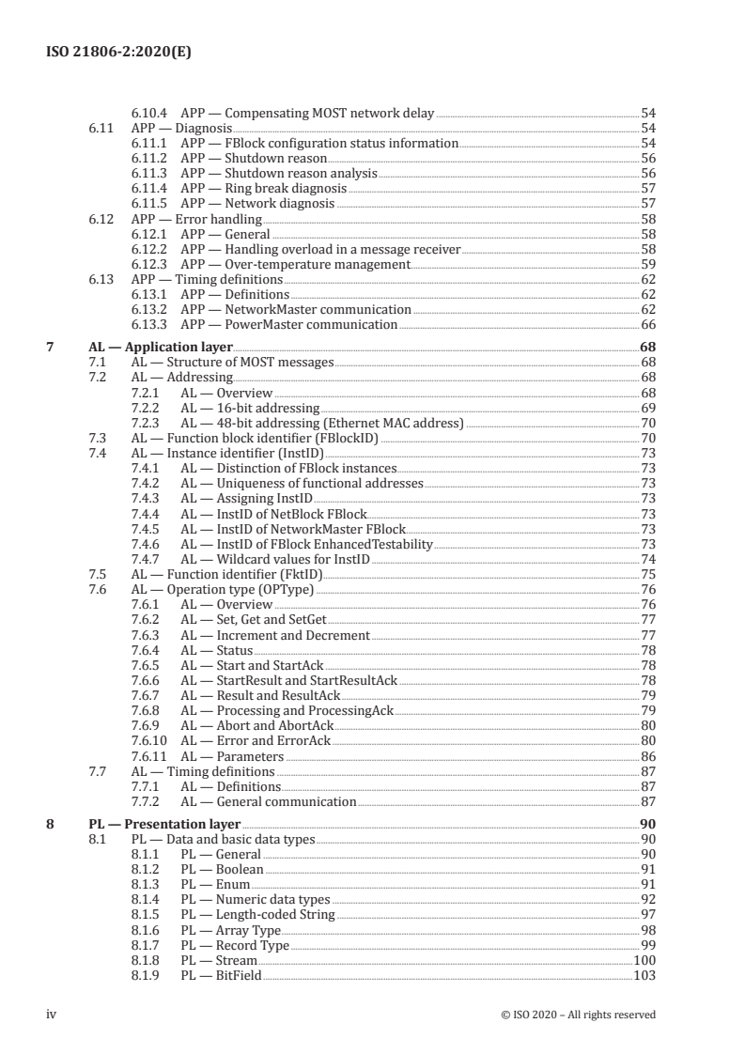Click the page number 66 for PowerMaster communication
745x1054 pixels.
[x=647, y=324]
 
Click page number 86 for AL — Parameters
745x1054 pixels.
[x=647, y=756]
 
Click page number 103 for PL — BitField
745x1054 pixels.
[x=644, y=976]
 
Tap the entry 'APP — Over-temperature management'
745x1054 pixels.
[x=296, y=264]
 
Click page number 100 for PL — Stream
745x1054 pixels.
[x=644, y=961]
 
